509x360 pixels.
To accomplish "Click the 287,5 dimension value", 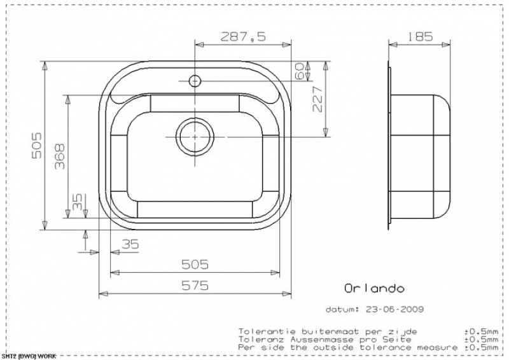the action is [x=243, y=36].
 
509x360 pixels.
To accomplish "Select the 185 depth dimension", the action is [x=419, y=36].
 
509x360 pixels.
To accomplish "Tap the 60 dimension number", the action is [x=299, y=71].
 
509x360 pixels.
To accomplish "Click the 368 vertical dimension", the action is [x=60, y=157].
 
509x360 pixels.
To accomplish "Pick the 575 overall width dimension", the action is [x=195, y=286].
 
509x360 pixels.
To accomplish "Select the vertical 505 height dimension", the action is [x=37, y=145].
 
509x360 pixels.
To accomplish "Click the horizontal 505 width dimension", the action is [x=195, y=265].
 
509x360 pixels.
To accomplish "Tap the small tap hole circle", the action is [x=195, y=81].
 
